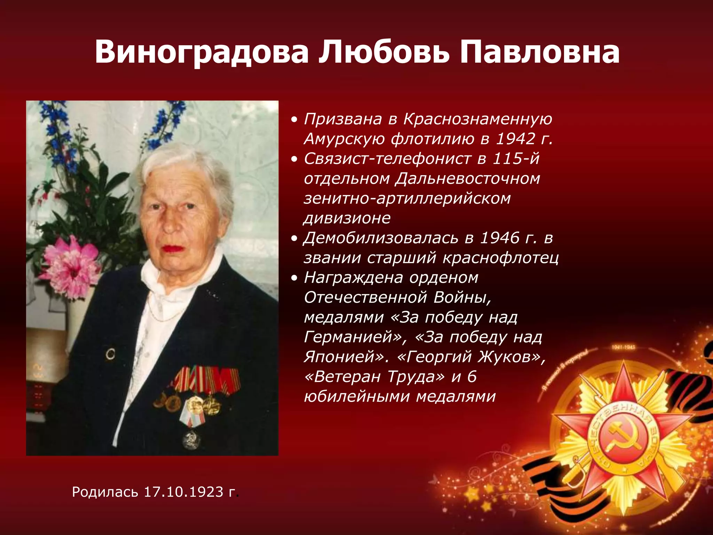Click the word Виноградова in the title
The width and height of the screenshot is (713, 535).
pyautogui.click(x=202, y=52)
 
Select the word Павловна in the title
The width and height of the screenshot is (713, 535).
pyautogui.click(x=539, y=52)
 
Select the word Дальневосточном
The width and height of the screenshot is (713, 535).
pyautogui.click(x=468, y=179)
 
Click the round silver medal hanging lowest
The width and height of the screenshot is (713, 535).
pyautogui.click(x=191, y=440)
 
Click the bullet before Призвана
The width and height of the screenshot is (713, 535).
pyautogui.click(x=295, y=120)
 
